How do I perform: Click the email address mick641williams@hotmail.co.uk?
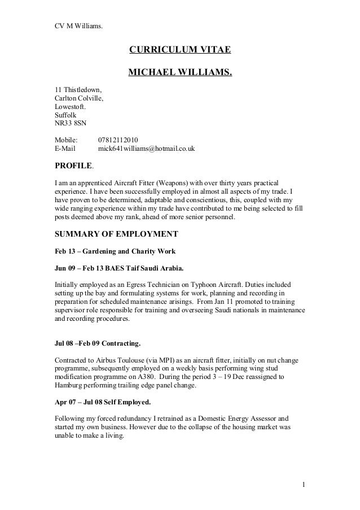click(x=146, y=149)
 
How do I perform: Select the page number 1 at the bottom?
click(x=303, y=484)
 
